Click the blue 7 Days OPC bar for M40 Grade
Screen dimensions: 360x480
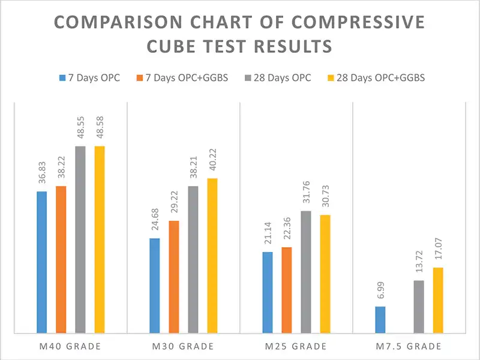coord(41,262)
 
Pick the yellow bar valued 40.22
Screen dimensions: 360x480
coord(212,255)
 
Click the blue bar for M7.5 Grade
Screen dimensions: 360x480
coord(380,319)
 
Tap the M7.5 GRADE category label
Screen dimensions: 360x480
coord(409,346)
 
